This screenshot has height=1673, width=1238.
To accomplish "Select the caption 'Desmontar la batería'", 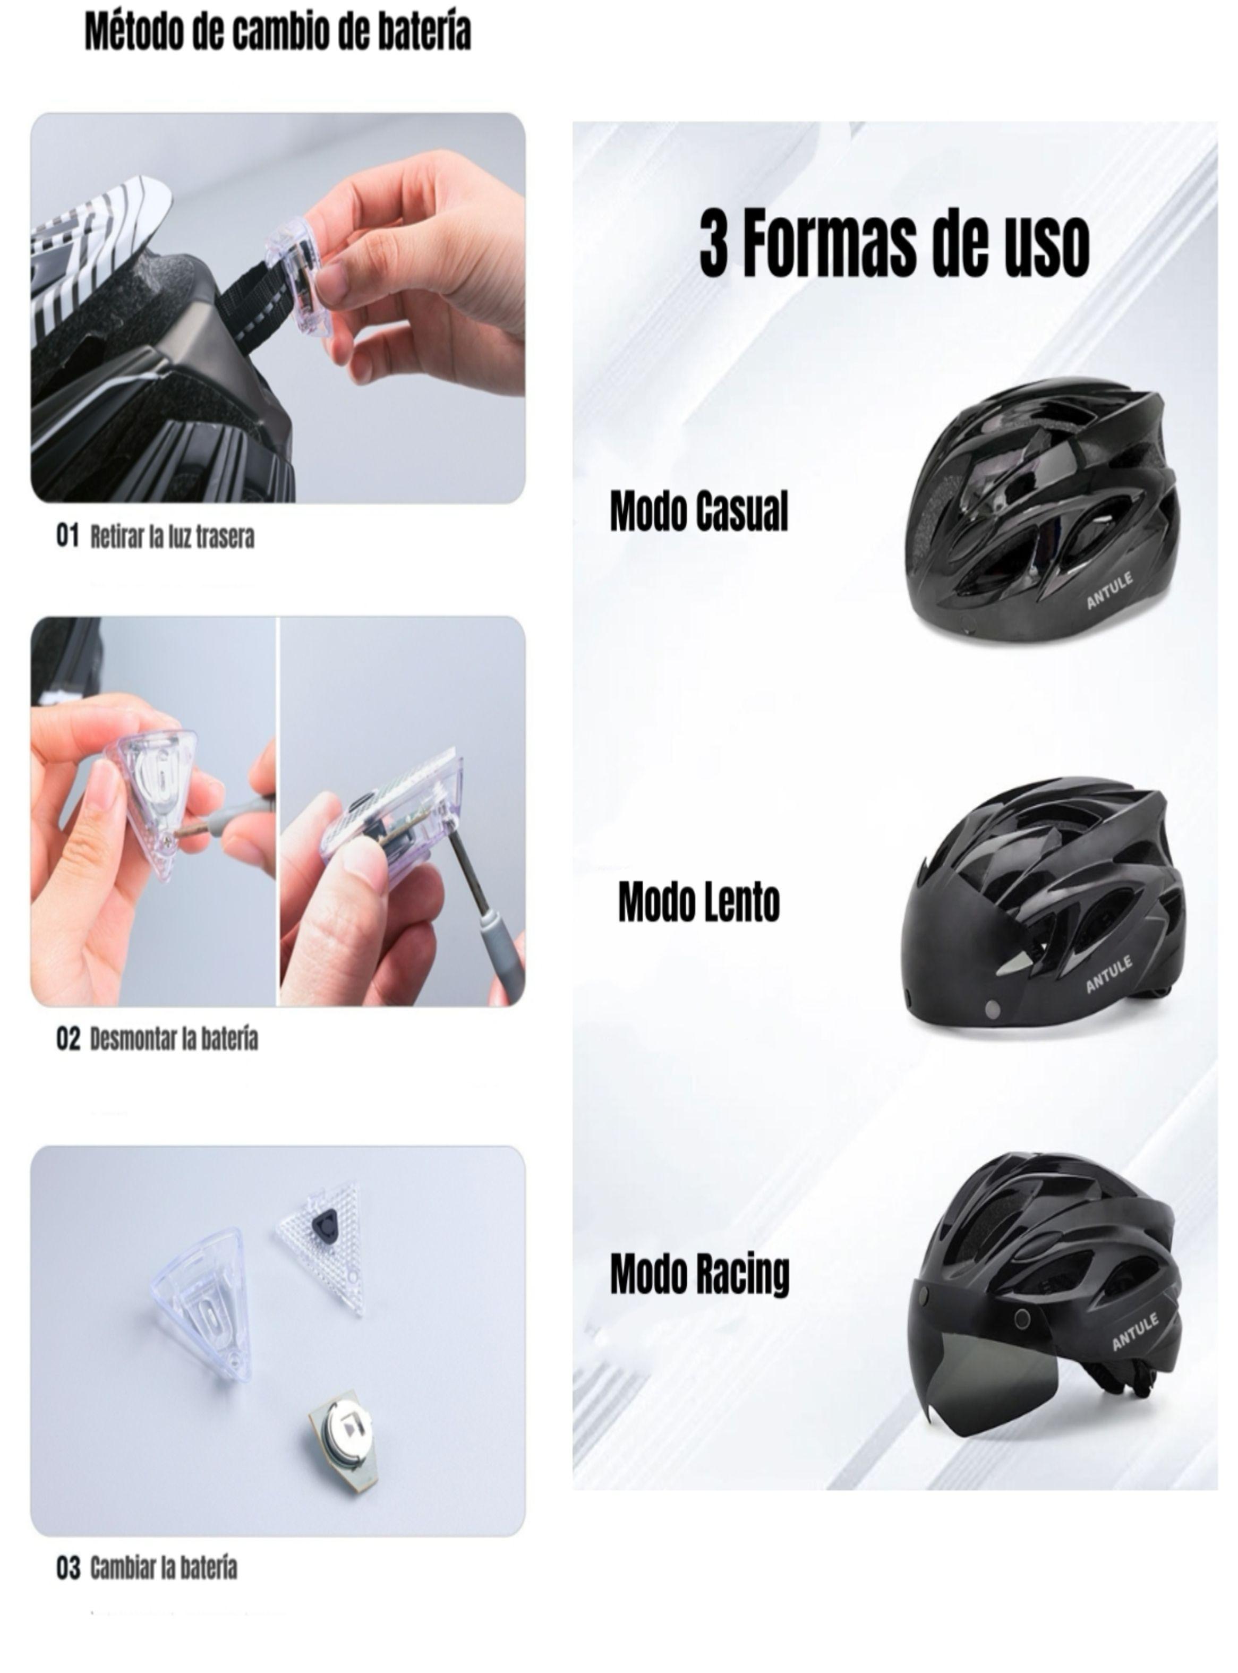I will point(174,1039).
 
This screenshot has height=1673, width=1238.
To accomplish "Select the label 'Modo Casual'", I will point(698,513).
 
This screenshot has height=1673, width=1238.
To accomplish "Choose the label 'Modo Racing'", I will point(699,1274).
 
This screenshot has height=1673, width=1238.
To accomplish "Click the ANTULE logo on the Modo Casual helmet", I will point(1110,591).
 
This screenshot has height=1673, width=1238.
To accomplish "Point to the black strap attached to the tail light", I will point(247,307).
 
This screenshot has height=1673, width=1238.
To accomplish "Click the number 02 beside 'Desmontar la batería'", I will point(67,1039).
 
